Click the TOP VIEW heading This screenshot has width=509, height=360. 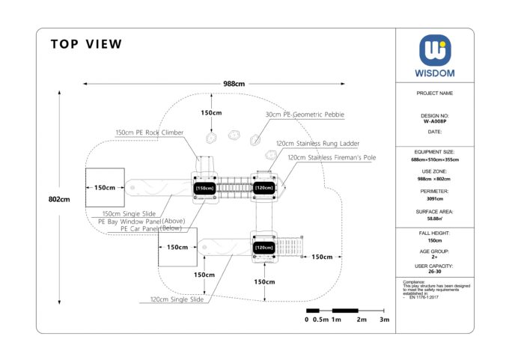86,44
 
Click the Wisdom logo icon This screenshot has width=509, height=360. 435,50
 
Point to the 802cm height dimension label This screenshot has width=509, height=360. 59,199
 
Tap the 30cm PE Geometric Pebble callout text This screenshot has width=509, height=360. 305,115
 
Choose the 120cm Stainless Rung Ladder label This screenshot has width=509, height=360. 317,143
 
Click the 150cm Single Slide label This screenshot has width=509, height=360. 129,213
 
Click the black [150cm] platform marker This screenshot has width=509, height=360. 204,189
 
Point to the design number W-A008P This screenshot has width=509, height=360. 435,120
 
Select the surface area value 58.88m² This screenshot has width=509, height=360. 435,219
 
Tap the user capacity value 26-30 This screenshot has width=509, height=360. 435,272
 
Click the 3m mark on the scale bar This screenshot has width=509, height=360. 385,320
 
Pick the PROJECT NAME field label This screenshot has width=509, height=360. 435,94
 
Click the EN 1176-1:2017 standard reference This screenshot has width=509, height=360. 422,298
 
